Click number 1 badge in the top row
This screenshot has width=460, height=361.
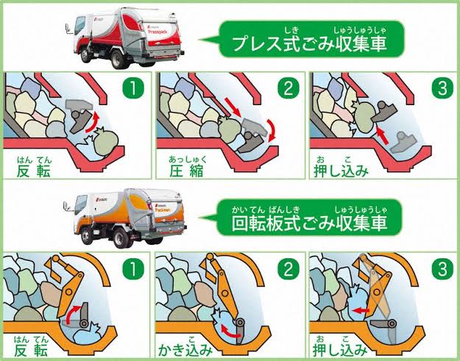135,90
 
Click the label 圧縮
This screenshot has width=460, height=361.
188,171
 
